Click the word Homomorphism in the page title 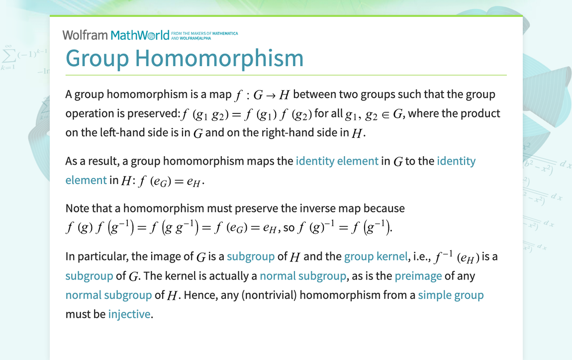(219, 58)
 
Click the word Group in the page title (97, 58)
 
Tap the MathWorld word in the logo (140, 35)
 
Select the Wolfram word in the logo (85, 35)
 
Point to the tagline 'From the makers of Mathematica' (204, 33)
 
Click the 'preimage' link (418, 275)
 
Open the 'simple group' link (451, 295)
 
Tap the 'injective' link (129, 314)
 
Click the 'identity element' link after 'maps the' (337, 161)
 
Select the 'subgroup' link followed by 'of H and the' (251, 257)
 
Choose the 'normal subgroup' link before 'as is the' (302, 275)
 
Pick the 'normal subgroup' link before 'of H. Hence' (108, 295)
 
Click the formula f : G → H (262, 94)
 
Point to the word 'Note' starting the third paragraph (77, 208)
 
